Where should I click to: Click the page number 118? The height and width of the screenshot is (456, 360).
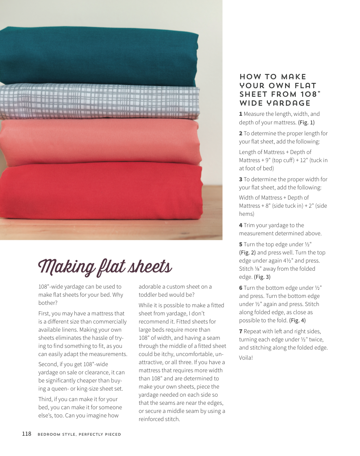click(26, 434)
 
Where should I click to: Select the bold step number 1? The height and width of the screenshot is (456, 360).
click(241, 114)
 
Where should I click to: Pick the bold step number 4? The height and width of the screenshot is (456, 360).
click(241, 225)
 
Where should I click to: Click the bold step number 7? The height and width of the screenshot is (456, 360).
click(241, 331)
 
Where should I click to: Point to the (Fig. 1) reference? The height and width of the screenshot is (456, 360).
click(306, 122)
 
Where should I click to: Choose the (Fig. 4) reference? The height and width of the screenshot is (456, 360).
click(297, 320)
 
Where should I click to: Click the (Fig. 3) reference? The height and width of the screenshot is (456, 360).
click(262, 277)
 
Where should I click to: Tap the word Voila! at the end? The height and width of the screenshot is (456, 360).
click(246, 358)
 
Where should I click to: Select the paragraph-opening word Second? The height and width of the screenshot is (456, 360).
click(48, 364)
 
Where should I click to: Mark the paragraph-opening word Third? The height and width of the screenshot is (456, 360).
click(46, 399)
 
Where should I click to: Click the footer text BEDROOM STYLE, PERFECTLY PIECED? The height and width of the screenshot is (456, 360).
click(79, 434)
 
